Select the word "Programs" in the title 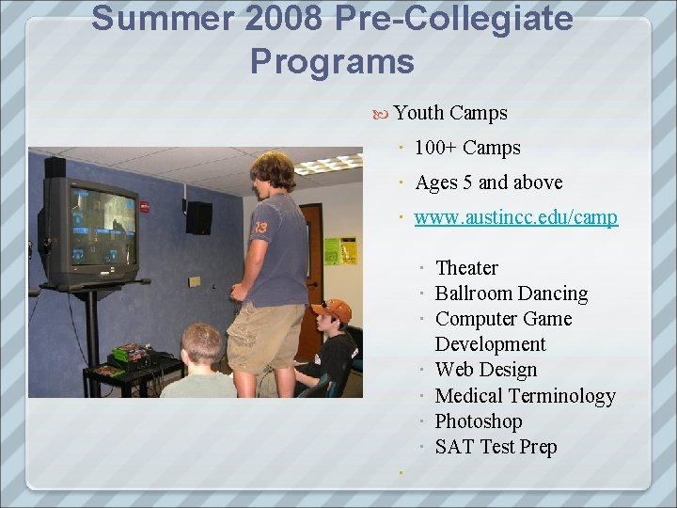click(332, 61)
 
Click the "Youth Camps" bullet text click(450, 113)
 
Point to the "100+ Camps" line click(467, 148)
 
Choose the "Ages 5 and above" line click(489, 183)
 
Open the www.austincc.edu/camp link click(515, 217)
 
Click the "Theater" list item click(466, 268)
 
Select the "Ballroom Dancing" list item click(512, 294)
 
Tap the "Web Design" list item click(486, 370)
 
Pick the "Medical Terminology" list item click(525, 396)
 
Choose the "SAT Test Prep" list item click(496, 447)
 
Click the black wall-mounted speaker click(198, 217)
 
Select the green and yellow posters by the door click(340, 250)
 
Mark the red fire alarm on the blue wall click(145, 206)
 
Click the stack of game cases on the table click(129, 355)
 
